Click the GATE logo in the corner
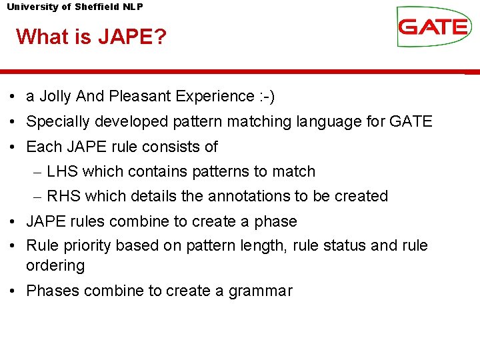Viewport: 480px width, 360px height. tap(433, 27)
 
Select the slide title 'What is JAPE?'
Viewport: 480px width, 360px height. tap(91, 36)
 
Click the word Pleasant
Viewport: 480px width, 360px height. tap(140, 97)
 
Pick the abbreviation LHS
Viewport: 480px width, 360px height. tap(62, 171)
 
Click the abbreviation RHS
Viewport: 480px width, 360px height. tap(63, 196)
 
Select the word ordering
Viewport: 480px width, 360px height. tap(55, 265)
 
